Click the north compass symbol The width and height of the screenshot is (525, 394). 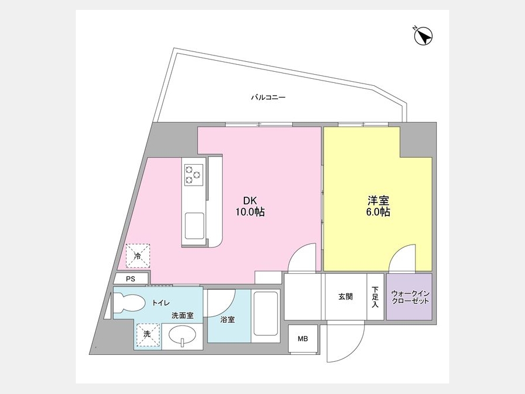point(423,35)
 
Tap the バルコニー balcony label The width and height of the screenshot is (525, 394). point(268,98)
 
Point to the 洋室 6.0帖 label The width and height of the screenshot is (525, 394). point(379,206)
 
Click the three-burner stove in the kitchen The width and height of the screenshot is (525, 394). point(194,175)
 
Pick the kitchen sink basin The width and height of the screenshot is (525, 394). point(194,225)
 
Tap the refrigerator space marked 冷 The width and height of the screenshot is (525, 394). point(138,256)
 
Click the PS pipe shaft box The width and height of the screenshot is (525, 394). point(131,279)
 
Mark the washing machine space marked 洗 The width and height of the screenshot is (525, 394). point(148,334)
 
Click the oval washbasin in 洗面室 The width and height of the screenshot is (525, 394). point(183,336)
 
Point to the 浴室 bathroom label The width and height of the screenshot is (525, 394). point(228,320)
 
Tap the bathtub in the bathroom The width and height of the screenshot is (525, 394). point(266,313)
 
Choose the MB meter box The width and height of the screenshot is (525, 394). point(303,339)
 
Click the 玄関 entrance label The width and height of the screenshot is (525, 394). point(345,297)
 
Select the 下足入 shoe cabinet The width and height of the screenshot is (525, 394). point(375,297)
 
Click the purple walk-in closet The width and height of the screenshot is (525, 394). point(409,297)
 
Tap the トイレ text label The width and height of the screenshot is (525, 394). point(160,303)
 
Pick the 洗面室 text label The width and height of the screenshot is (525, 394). point(183,316)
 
